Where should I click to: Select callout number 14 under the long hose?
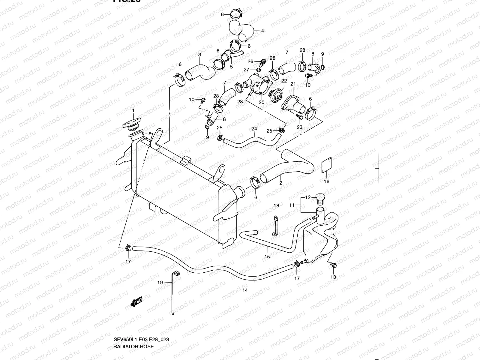pyautogui.click(x=245, y=290)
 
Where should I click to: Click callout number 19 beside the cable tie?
pyautogui.click(x=160, y=282)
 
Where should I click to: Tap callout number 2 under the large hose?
pyautogui.click(x=280, y=183)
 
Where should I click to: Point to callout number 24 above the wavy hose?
pyautogui.click(x=254, y=129)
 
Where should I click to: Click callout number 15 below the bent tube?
pyautogui.click(x=267, y=256)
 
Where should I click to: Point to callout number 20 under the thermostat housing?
pyautogui.click(x=261, y=102)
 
